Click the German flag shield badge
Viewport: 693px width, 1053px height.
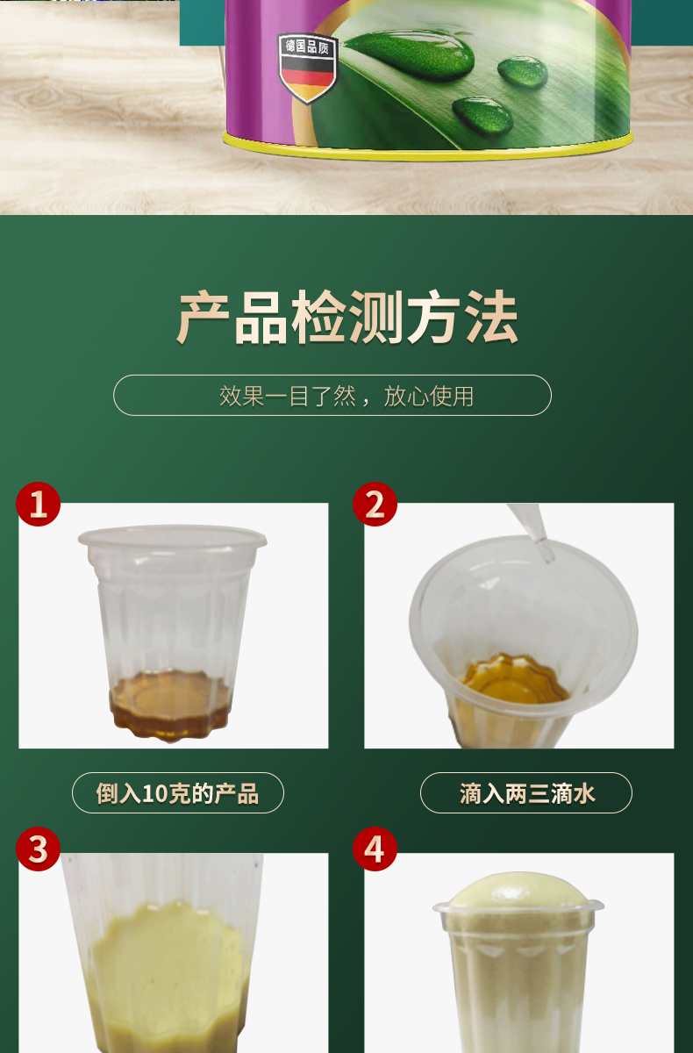[x=308, y=68]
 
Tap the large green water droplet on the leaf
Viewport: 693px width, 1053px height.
[x=410, y=54]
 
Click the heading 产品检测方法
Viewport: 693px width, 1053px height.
[x=347, y=317]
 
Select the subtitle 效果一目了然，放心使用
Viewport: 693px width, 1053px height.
[x=346, y=396]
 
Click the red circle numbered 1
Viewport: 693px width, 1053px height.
[x=38, y=504]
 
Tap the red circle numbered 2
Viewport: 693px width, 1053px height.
[x=375, y=504]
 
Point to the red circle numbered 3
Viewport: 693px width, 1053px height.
[x=38, y=849]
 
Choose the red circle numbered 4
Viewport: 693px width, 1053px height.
[x=375, y=849]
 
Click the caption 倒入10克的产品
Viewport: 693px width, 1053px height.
[x=177, y=793]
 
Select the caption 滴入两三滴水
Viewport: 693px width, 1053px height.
[x=526, y=793]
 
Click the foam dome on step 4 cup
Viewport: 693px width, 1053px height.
[x=518, y=890]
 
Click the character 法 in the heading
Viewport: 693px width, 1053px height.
[x=492, y=317]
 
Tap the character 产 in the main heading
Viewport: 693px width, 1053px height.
[x=203, y=317]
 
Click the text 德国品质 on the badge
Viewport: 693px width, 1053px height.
[x=307, y=47]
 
